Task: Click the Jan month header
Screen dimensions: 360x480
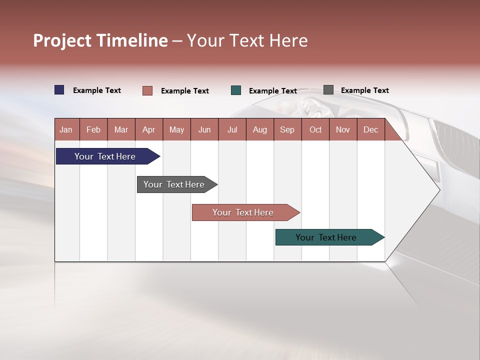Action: pyautogui.click(x=66, y=129)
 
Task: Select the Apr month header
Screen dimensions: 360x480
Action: pyautogui.click(x=148, y=129)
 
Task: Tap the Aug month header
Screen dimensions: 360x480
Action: pyautogui.click(x=259, y=129)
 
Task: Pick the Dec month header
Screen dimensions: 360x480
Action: pyautogui.click(x=370, y=129)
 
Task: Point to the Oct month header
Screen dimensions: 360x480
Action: pyautogui.click(x=315, y=129)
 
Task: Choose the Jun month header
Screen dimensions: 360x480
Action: pyautogui.click(x=204, y=129)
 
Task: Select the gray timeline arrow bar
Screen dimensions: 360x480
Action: pyautogui.click(x=175, y=184)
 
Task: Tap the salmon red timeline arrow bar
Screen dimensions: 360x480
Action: pyautogui.click(x=244, y=212)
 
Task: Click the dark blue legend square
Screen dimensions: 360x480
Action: pyautogui.click(x=59, y=90)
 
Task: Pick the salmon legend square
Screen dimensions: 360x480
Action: pyautogui.click(x=147, y=90)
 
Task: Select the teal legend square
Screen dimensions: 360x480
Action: pyautogui.click(x=236, y=90)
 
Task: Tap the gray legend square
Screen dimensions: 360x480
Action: pyautogui.click(x=328, y=90)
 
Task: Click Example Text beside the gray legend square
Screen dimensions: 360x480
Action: pyautogui.click(x=364, y=90)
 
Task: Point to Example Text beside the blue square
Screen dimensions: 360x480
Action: pyautogui.click(x=96, y=90)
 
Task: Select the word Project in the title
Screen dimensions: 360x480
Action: pyautogui.click(x=62, y=40)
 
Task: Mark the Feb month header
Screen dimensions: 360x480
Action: pyautogui.click(x=93, y=129)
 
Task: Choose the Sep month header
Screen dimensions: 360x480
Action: pyautogui.click(x=287, y=129)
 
